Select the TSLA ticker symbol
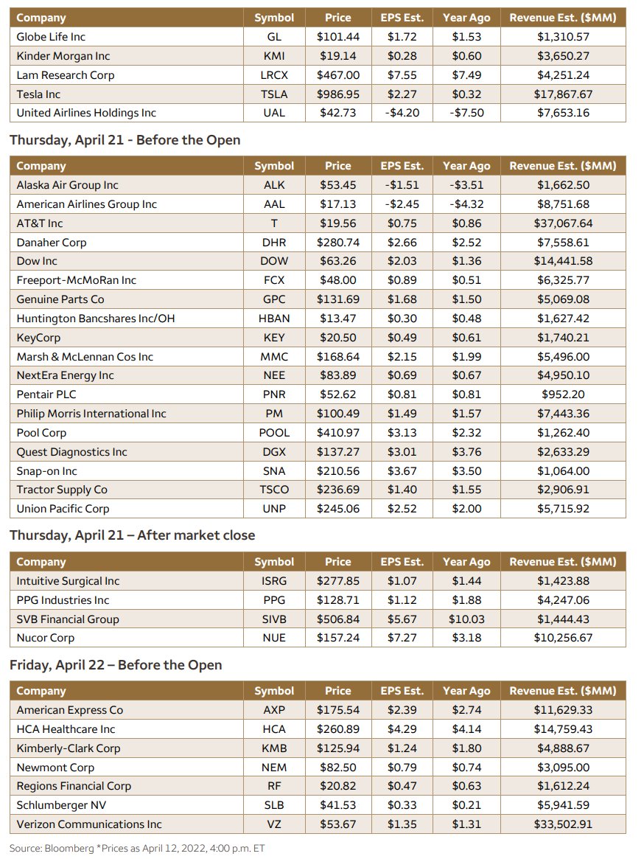[x=273, y=94]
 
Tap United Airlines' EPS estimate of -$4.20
[x=402, y=113]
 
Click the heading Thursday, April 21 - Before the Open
[x=125, y=140]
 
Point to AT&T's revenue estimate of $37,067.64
[x=563, y=223]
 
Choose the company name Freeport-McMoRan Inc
[x=77, y=280]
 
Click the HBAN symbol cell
[x=273, y=319]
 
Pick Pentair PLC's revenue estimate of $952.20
[x=563, y=394]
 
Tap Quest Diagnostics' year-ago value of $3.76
[x=466, y=452]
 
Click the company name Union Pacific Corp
[x=63, y=509]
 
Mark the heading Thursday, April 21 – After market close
[x=133, y=535]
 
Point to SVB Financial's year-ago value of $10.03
[x=466, y=619]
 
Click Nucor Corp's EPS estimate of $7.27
[x=402, y=638]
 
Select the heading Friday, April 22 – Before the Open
[x=116, y=665]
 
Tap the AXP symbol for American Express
[x=273, y=710]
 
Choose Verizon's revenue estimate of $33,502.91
[x=563, y=824]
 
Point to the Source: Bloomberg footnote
[x=137, y=848]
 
